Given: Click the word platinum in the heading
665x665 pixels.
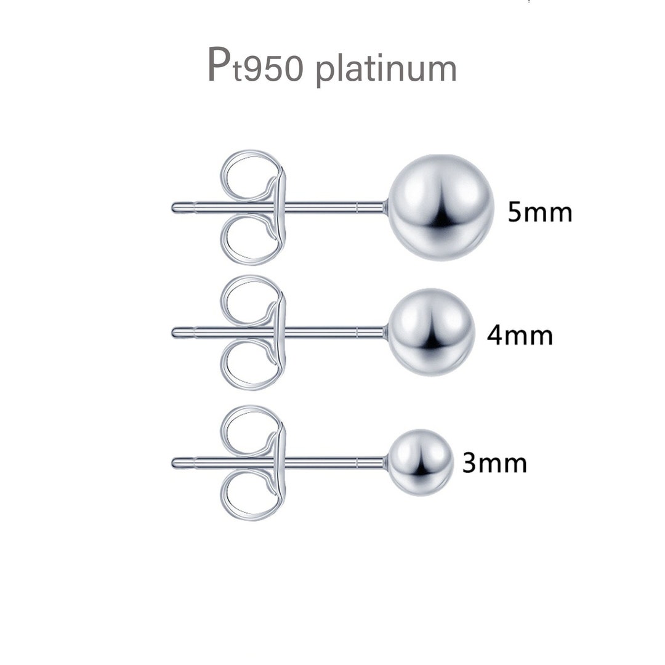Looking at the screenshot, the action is pos(386,69).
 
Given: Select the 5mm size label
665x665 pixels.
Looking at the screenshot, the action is pos(539,212).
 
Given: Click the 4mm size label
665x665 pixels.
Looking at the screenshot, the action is pos(519,336).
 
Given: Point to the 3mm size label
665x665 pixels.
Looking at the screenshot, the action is pos(494,463).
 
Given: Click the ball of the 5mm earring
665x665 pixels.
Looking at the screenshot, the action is pos(441,207).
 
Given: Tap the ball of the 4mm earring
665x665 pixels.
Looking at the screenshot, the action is pos(431,332).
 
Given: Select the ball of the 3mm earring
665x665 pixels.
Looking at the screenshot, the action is pos(421,462).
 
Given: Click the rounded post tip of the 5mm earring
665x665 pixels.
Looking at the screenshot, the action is pos(176,208).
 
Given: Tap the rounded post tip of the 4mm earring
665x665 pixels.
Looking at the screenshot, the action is pos(176,332).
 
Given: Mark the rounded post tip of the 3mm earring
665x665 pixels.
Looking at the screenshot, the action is pos(176,462).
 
